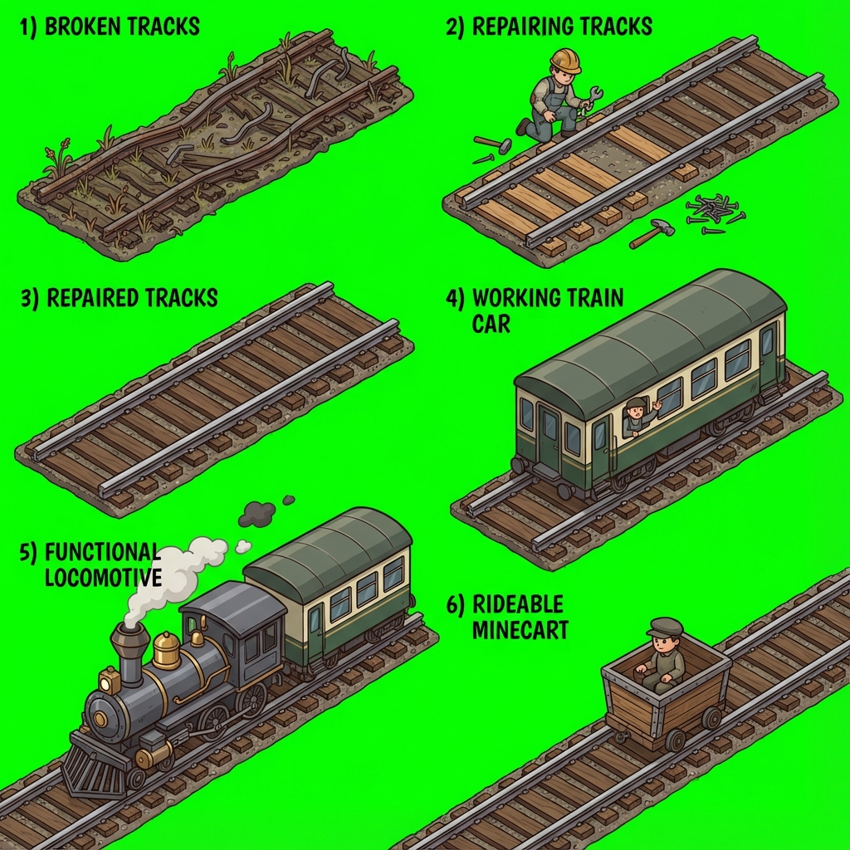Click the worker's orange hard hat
pyautogui.click(x=565, y=60)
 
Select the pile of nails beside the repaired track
pyautogui.click(x=713, y=212)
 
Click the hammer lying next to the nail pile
pyautogui.click(x=652, y=233)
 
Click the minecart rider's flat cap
pyautogui.click(x=665, y=627)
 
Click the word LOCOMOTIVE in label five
pyautogui.click(x=103, y=578)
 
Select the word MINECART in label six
pyautogui.click(x=520, y=630)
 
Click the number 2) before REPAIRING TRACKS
pyautogui.click(x=456, y=27)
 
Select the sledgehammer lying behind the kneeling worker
pyautogui.click(x=493, y=143)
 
